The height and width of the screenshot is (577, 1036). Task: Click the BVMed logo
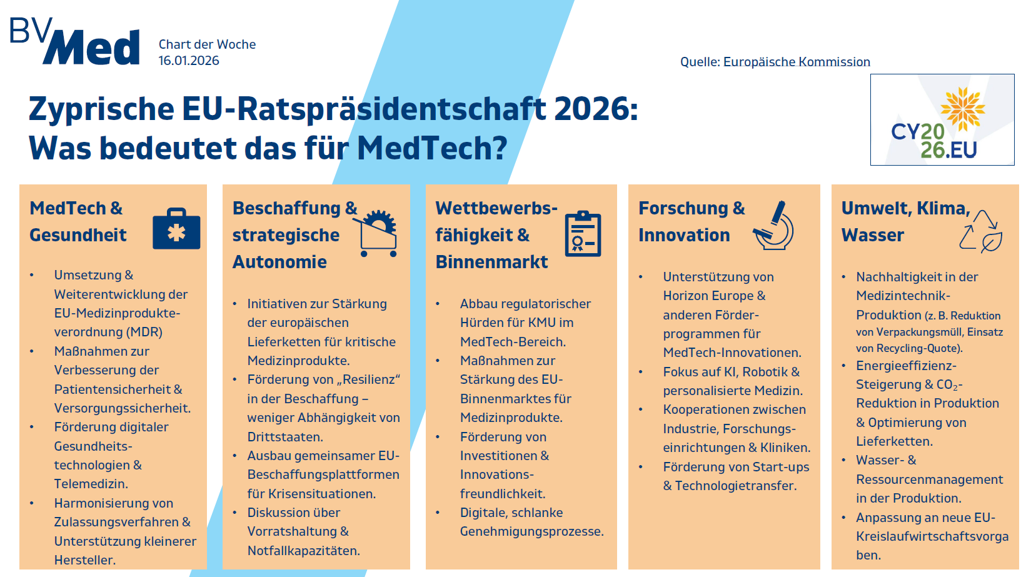tap(75, 42)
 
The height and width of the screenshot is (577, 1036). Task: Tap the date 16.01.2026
tap(189, 61)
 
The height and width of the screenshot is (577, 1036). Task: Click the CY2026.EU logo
tap(942, 120)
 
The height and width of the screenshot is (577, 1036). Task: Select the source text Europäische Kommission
tap(797, 62)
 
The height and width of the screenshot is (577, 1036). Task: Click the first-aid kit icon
tap(176, 230)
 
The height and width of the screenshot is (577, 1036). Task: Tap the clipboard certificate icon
tap(583, 234)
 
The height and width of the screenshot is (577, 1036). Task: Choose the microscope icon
tap(775, 226)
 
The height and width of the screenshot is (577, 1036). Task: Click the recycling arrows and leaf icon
tap(981, 231)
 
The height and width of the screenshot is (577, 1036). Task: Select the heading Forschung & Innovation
tap(691, 221)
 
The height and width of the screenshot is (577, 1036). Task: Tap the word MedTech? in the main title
tap(432, 149)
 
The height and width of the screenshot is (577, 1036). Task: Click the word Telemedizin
tap(91, 484)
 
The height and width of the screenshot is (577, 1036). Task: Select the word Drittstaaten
tap(285, 437)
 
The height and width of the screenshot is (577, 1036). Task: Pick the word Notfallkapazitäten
tap(303, 551)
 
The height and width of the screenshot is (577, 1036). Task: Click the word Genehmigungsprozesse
tap(531, 531)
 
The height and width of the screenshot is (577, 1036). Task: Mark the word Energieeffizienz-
tap(906, 366)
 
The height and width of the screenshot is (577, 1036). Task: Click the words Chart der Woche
tap(207, 44)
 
